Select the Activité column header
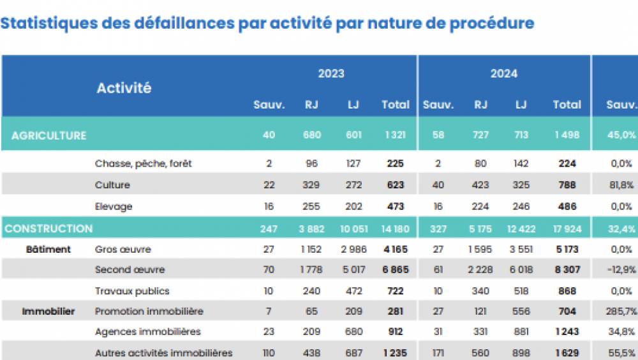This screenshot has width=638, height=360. (x=124, y=88)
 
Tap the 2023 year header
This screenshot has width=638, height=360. (x=331, y=73)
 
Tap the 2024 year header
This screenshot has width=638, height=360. (x=503, y=73)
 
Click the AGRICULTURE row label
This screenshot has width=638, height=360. (x=48, y=135)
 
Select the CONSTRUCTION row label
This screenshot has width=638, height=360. (x=48, y=229)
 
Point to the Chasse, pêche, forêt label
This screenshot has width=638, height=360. (x=143, y=163)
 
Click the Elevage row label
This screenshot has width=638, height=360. (x=114, y=206)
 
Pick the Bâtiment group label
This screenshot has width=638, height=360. (x=48, y=249)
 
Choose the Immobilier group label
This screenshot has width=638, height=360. (x=48, y=311)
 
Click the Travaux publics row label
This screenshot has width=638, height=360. (x=132, y=290)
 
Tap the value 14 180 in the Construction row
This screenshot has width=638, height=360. (x=396, y=229)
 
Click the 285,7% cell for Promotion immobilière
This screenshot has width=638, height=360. (x=621, y=311)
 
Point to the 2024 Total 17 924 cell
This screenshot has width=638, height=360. (x=567, y=229)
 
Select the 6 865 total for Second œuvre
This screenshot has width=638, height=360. (x=396, y=270)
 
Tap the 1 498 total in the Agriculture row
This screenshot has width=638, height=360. (x=567, y=135)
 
